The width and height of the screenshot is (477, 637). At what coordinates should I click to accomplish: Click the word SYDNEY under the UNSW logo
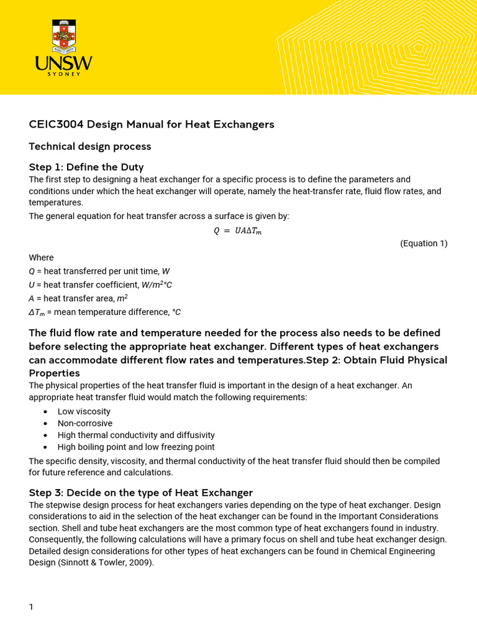click(x=64, y=74)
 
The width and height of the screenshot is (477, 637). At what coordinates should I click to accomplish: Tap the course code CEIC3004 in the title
click(x=56, y=124)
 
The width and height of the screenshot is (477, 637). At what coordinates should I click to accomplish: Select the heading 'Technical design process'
click(x=90, y=147)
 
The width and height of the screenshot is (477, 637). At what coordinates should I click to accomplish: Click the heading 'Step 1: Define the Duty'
click(x=86, y=167)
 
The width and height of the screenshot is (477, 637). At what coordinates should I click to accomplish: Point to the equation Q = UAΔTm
click(x=238, y=231)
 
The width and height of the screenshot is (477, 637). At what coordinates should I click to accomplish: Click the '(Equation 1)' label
click(x=424, y=243)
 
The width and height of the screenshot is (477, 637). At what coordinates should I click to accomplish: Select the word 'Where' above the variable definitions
click(x=41, y=258)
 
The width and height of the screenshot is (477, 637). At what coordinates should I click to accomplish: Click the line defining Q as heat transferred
click(x=99, y=271)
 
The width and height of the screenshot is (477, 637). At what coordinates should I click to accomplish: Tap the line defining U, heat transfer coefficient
click(x=100, y=285)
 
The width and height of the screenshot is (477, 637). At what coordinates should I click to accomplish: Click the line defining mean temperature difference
click(x=104, y=312)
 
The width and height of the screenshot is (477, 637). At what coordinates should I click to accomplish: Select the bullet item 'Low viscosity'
click(x=84, y=412)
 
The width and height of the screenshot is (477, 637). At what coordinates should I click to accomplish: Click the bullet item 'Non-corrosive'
click(x=85, y=424)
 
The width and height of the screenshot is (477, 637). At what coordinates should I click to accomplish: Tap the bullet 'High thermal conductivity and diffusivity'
click(x=136, y=435)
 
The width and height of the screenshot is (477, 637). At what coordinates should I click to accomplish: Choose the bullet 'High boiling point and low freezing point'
click(x=136, y=447)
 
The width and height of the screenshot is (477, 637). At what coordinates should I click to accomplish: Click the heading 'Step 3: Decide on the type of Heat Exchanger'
click(x=141, y=493)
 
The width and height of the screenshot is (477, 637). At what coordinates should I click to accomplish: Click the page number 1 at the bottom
click(x=32, y=607)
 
